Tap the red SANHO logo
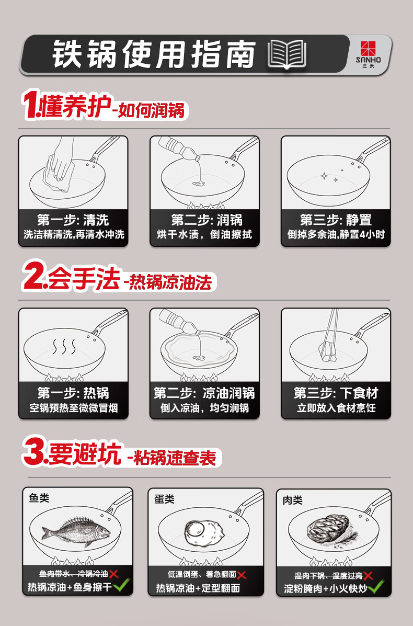click(x=369, y=49)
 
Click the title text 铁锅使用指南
click(x=154, y=54)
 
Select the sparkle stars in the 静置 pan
click(x=332, y=176)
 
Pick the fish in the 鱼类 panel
click(x=76, y=531)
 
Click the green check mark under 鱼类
click(x=121, y=585)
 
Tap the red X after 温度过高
click(x=368, y=576)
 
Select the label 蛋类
click(x=164, y=499)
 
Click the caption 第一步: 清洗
click(x=73, y=220)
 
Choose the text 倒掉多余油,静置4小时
click(x=336, y=234)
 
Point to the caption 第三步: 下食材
click(x=336, y=393)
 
